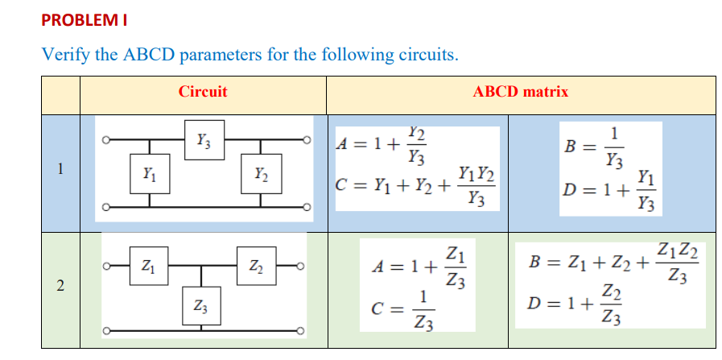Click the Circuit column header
click(x=203, y=92)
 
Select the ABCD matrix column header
click(x=521, y=92)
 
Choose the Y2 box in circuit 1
click(x=261, y=173)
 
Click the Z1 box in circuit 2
click(x=148, y=264)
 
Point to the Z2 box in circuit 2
click(x=255, y=264)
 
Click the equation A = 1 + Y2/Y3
click(x=382, y=145)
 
